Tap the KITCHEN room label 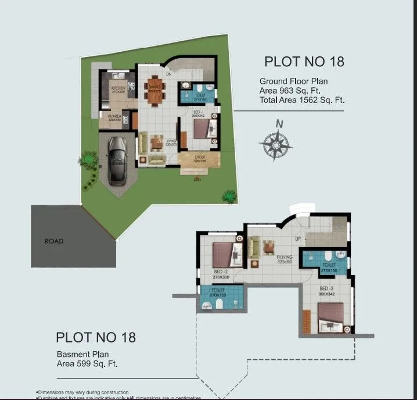coord(119,88)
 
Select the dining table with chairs coord(155,92)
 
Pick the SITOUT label coord(200,158)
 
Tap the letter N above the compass coord(279,123)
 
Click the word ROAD coord(54,241)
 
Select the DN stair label coord(168,74)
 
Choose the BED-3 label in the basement coord(326,288)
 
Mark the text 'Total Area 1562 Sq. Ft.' coord(302,100)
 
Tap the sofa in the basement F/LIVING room coord(254,248)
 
